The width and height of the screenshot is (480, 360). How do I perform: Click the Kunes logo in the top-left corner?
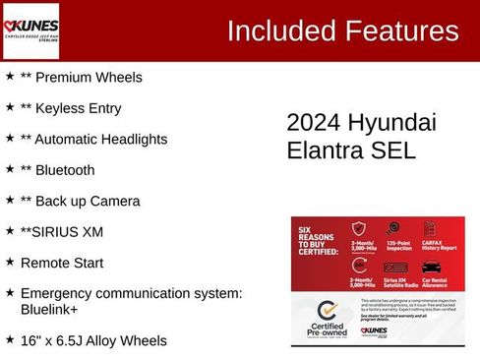[x=31, y=30]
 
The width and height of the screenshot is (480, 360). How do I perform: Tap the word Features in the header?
[x=400, y=31]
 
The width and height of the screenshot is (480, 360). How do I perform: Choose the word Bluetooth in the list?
[x=65, y=170]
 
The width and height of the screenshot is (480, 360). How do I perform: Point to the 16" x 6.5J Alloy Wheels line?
[x=93, y=340]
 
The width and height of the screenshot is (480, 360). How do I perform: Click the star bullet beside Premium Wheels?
[x=10, y=76]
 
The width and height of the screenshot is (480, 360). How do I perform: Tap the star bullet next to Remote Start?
[x=10, y=262]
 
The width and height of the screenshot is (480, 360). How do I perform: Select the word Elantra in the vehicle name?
[x=330, y=151]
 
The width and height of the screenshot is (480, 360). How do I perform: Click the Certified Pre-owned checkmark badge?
[x=328, y=315]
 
